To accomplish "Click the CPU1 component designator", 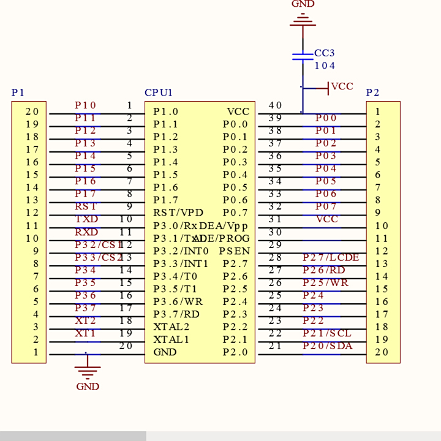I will click(159, 93).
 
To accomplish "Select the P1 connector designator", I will click(18, 93).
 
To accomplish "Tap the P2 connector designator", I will click(372, 93).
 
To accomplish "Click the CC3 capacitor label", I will click(324, 53).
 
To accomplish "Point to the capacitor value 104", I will click(325, 66).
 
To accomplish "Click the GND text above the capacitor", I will click(303, 4).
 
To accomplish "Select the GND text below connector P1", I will click(88, 386).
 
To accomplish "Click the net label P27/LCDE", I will click(331, 258).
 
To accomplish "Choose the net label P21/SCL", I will click(327, 334).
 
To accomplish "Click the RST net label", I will click(86, 207).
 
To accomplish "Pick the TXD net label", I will click(86, 219).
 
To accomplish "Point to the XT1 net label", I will click(86, 334).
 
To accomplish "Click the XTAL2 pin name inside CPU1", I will click(171, 327).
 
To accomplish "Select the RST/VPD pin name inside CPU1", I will click(178, 213).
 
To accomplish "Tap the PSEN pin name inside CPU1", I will click(235, 251).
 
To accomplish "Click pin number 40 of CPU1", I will click(275, 106).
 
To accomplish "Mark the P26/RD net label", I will click(324, 270).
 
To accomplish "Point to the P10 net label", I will click(85, 106).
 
